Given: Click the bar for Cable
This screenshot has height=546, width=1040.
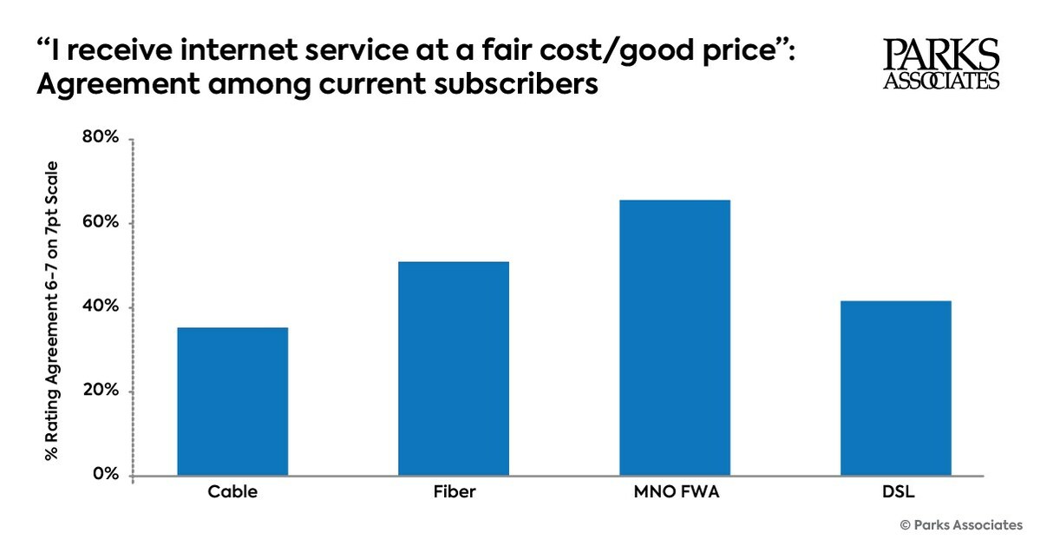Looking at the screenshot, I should pyautogui.click(x=232, y=401).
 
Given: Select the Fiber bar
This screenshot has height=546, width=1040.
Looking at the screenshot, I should pyautogui.click(x=454, y=368).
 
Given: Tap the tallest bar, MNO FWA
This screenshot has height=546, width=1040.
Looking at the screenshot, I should pyautogui.click(x=675, y=338).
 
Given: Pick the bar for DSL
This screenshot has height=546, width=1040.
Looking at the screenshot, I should pyautogui.click(x=896, y=388).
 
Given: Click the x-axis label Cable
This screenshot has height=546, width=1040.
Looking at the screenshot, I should pyautogui.click(x=232, y=492).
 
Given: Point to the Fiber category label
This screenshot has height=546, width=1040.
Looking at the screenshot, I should pyautogui.click(x=454, y=492).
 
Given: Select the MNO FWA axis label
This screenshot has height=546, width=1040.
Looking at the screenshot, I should pyautogui.click(x=675, y=492).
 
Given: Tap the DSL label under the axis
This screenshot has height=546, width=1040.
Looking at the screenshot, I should pyautogui.click(x=896, y=492).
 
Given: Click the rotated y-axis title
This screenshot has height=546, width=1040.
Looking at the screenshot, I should pyautogui.click(x=52, y=310).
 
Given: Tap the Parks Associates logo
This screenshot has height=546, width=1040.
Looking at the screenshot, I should pyautogui.click(x=941, y=65).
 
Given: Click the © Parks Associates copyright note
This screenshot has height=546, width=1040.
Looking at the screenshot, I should pyautogui.click(x=960, y=525).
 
